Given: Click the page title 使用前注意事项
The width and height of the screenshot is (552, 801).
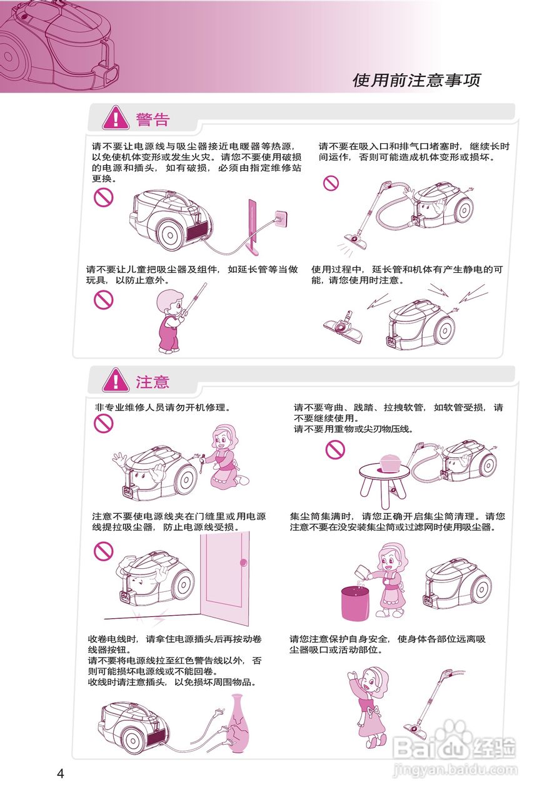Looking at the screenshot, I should (416, 80).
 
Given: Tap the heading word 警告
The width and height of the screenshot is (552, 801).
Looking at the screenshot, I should (153, 119).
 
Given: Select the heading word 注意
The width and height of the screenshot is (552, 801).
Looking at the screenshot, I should (153, 381).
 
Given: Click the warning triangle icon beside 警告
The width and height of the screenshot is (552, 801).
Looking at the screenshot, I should (116, 118).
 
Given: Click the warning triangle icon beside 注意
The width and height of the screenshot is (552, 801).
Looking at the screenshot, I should (116, 380).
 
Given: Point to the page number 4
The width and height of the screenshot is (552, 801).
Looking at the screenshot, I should (61, 773).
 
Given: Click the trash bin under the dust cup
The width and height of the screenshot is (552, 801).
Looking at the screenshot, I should (353, 603).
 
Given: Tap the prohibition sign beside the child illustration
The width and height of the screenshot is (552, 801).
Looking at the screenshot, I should (103, 300).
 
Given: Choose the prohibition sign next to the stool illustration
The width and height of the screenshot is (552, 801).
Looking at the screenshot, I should (335, 449).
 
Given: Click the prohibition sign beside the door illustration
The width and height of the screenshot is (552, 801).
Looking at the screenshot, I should (103, 551).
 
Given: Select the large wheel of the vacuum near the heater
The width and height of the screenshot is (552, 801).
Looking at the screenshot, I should (170, 234).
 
